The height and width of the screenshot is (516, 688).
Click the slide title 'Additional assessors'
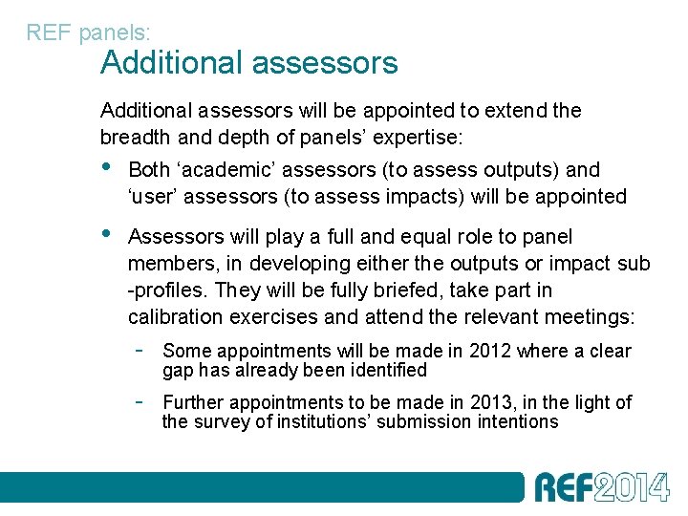248,63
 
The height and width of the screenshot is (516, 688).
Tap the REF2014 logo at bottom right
601,486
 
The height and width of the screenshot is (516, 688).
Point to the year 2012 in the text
491,351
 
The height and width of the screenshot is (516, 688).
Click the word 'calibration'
174,317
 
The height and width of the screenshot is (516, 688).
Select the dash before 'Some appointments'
139,350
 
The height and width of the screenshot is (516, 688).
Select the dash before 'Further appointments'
139,401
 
